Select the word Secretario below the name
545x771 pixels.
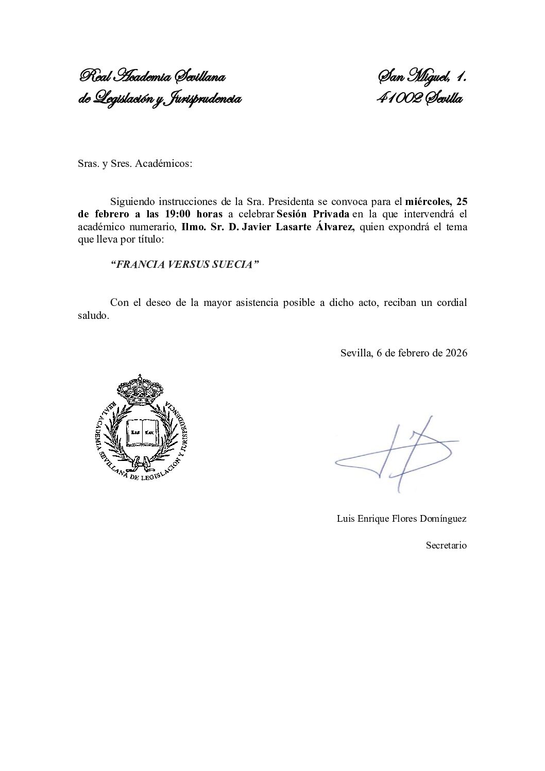(x=446, y=545)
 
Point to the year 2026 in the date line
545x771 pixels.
(x=456, y=353)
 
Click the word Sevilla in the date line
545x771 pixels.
(x=355, y=353)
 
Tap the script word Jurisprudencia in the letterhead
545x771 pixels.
(x=203, y=98)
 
